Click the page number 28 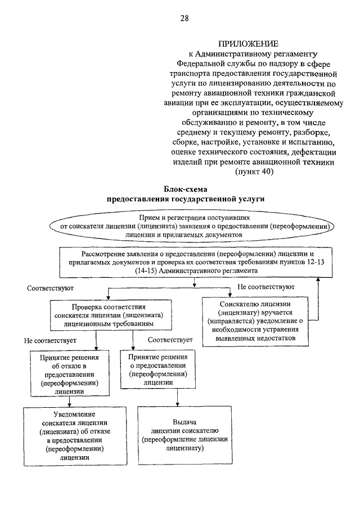184,18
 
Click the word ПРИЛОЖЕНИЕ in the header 248,44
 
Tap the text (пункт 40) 254,172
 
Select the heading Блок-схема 186,189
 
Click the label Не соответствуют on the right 266,287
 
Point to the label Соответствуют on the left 50,289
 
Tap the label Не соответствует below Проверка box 50,340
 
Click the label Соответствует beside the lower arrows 170,340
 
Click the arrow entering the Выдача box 177,397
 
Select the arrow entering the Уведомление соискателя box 69,402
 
